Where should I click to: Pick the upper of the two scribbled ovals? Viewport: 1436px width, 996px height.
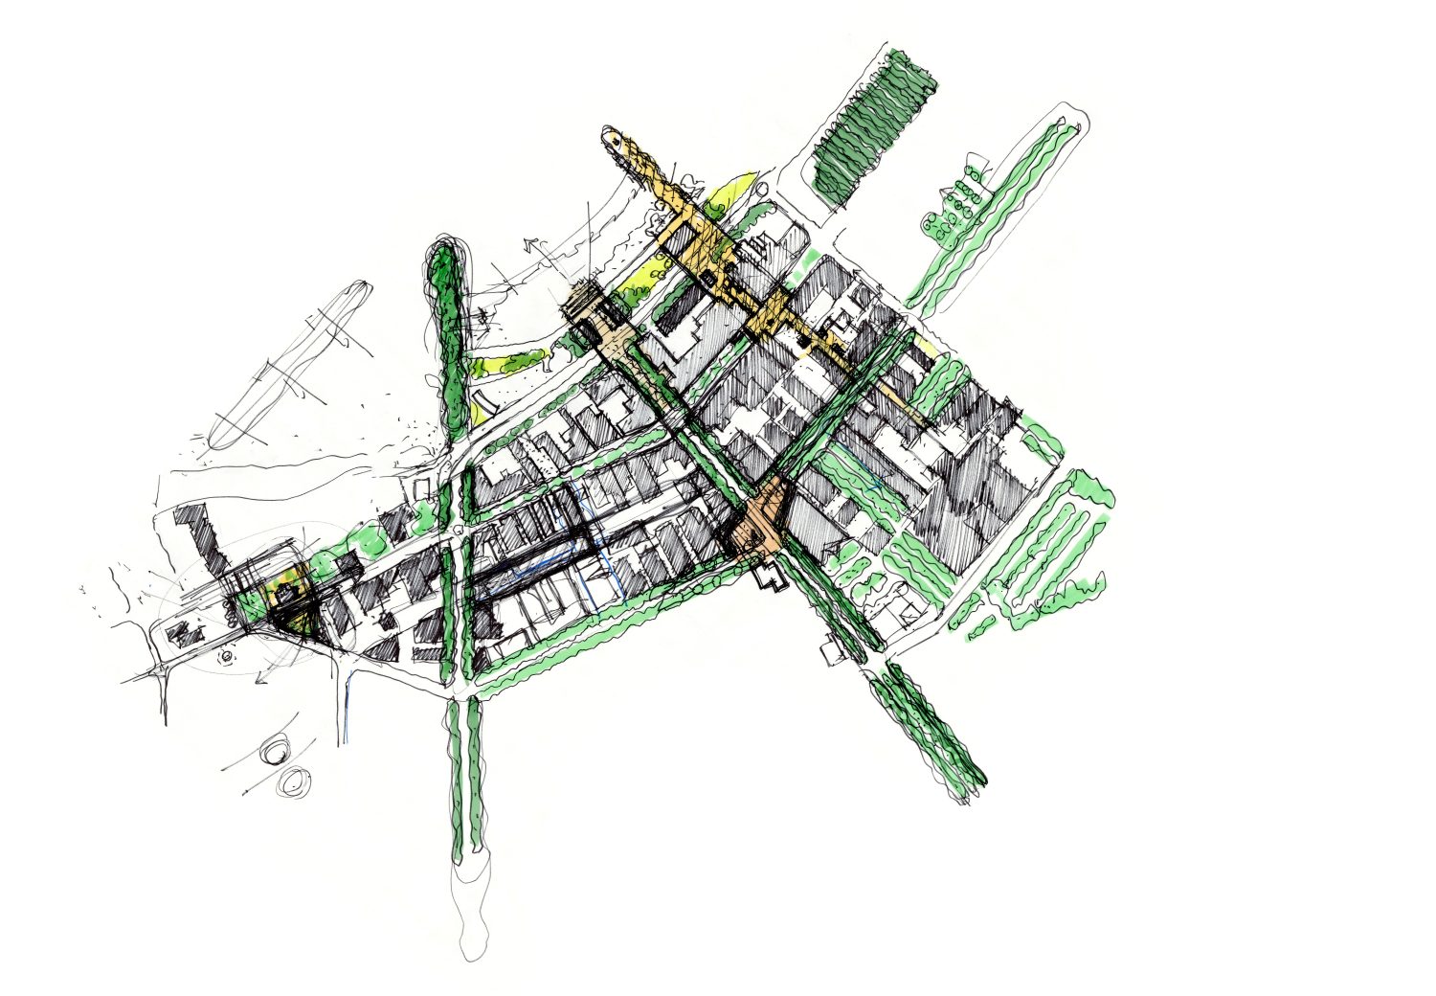pos(279,749)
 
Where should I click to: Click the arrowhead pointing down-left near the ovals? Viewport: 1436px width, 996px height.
pos(258,681)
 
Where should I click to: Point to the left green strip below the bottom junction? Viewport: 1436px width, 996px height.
pos(455,776)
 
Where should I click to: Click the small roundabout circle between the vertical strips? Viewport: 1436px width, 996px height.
pos(460,530)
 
